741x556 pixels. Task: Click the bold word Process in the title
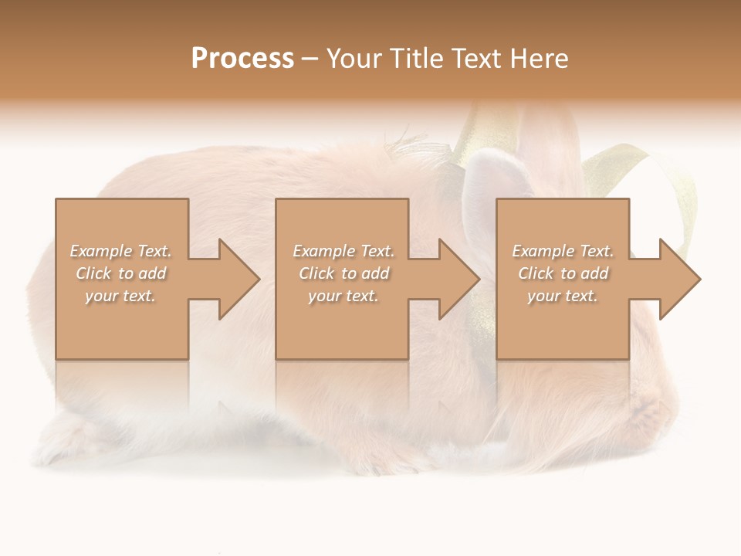point(242,59)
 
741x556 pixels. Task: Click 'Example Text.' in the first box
point(121,251)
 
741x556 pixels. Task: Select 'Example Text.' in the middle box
point(343,251)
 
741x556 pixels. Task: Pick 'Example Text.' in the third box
point(563,251)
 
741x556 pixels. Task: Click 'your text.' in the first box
point(120,296)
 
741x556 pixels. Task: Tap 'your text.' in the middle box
point(343,296)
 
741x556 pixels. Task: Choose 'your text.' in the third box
point(563,296)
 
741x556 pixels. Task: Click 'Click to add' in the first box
point(121,273)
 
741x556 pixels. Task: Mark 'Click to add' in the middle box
point(343,273)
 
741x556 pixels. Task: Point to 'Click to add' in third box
point(563,273)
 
